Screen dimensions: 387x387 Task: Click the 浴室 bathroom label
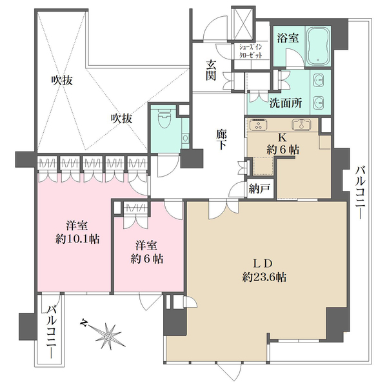click(x=288, y=38)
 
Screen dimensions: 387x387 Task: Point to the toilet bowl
click(x=164, y=119)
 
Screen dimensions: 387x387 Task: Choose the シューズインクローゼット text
click(x=252, y=51)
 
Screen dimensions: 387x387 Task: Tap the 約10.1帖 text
click(x=76, y=239)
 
